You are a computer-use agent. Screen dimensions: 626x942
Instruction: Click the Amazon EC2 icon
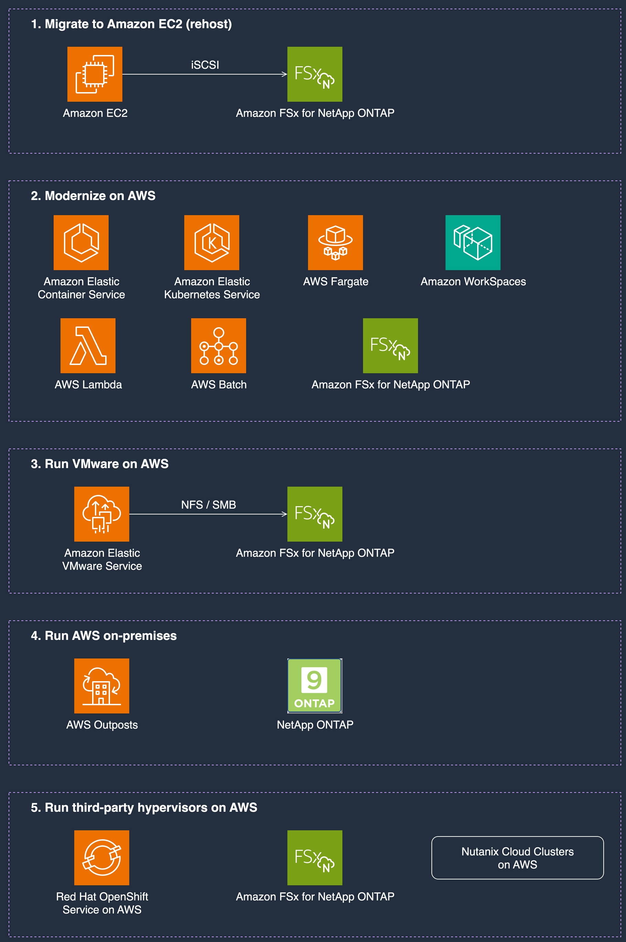[x=95, y=74]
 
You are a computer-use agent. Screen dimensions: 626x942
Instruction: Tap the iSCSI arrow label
[x=205, y=65]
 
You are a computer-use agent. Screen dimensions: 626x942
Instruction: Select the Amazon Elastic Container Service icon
[x=81, y=243]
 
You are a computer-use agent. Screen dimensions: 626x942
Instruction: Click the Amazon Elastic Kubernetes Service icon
[x=212, y=243]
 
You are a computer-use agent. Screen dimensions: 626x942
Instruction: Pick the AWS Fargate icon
[x=336, y=243]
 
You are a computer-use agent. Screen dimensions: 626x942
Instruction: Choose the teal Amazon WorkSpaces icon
[x=473, y=243]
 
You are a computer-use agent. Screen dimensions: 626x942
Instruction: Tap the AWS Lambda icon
[x=88, y=346]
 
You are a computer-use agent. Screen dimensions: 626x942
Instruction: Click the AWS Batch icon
[x=218, y=346]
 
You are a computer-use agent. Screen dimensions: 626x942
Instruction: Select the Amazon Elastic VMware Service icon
[x=102, y=514]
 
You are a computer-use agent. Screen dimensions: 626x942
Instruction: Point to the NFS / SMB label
[x=208, y=505]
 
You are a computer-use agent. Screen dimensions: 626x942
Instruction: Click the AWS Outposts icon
[x=102, y=686]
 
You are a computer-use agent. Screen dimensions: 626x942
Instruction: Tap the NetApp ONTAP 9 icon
[x=315, y=686]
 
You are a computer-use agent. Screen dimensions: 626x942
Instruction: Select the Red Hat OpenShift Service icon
[x=102, y=858]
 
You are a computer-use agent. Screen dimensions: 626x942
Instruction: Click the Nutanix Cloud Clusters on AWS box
[x=517, y=858]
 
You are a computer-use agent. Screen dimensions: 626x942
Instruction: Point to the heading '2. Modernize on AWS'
[x=93, y=196]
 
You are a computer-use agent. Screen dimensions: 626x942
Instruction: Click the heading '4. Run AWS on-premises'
[x=104, y=635]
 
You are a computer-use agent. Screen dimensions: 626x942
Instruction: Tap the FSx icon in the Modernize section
[x=390, y=346]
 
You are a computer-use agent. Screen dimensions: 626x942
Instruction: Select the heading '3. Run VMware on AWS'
[x=100, y=464]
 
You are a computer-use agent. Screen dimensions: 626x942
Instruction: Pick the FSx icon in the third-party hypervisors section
[x=315, y=858]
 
